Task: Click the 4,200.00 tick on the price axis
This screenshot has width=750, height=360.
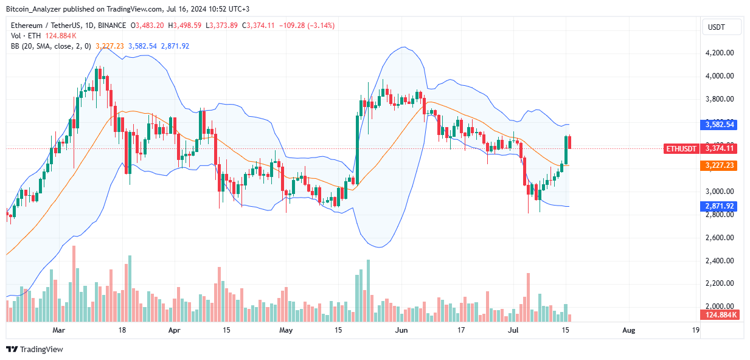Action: point(719,53)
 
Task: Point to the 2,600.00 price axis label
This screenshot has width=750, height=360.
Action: point(719,238)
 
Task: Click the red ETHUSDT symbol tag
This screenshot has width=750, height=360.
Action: point(681,148)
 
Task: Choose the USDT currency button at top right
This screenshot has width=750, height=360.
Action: point(721,27)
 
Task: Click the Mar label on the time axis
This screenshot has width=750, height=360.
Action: point(58,330)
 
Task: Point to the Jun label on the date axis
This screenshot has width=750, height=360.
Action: point(401,330)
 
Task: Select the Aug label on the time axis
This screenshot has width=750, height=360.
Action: point(629,330)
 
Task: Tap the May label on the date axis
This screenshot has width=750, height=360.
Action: point(286,330)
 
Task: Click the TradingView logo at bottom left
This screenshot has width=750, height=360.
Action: point(35,349)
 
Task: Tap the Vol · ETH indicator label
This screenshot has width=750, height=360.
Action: point(26,35)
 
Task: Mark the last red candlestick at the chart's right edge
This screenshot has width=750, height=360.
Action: point(570,142)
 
